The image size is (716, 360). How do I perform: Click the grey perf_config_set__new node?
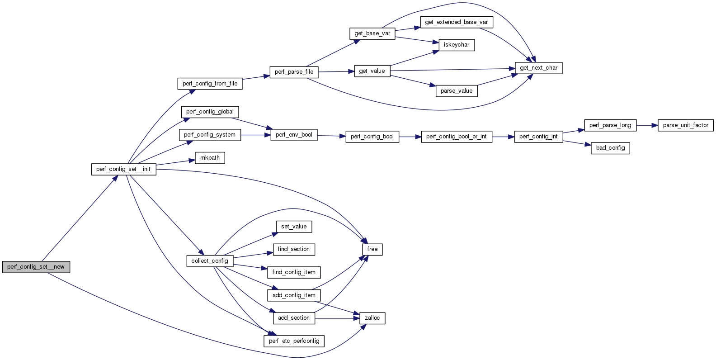[x=36, y=267]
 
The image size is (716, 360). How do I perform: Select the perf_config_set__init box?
[x=123, y=169]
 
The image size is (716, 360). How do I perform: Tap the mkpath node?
[x=210, y=158]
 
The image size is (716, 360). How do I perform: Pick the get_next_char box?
[x=538, y=68]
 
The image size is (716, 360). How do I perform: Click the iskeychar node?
[x=457, y=45]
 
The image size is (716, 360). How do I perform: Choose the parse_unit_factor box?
[x=685, y=125]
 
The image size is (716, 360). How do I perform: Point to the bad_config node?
[x=610, y=148]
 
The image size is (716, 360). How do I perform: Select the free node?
[x=372, y=249]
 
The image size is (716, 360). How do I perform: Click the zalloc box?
[x=372, y=318]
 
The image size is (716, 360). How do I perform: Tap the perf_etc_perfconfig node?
[x=294, y=341]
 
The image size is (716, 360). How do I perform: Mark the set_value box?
[x=294, y=227]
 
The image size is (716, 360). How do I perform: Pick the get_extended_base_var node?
[x=456, y=22]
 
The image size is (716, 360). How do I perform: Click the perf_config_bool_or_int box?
[x=456, y=137]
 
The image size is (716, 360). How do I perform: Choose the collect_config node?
[x=210, y=261]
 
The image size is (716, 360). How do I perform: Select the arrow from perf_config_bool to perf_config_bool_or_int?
[x=410, y=137]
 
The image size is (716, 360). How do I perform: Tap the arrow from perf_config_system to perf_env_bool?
[x=255, y=135]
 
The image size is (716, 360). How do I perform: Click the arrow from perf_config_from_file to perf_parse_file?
[x=256, y=77]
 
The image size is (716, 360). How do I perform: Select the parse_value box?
[x=456, y=91]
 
